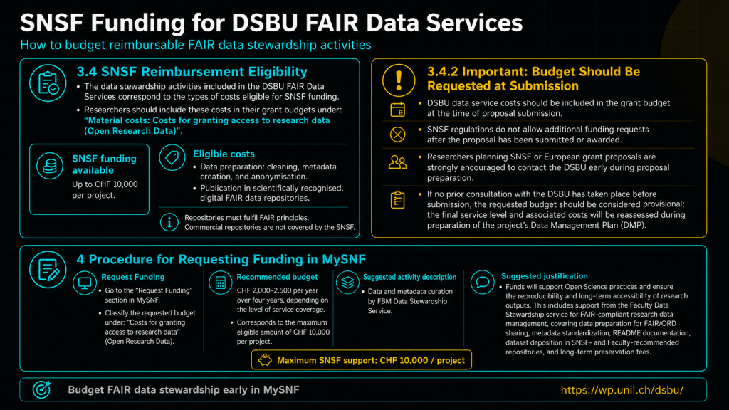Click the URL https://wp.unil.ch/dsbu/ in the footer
click(622, 389)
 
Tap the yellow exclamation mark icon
click(399, 80)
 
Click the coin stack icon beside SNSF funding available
click(50, 166)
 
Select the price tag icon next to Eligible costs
click(172, 157)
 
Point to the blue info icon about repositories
click(169, 222)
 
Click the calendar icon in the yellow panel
click(397, 109)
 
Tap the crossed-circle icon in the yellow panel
click(397, 135)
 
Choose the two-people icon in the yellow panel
click(397, 162)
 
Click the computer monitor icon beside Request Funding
click(85, 283)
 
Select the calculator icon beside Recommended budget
click(221, 283)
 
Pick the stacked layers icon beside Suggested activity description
click(347, 282)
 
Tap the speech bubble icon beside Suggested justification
click(482, 282)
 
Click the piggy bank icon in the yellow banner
click(265, 359)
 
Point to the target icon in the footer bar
click(42, 389)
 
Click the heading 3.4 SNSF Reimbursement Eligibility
click(192, 72)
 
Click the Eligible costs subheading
click(224, 154)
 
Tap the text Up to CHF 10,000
click(105, 184)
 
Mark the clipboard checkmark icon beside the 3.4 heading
click(48, 83)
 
